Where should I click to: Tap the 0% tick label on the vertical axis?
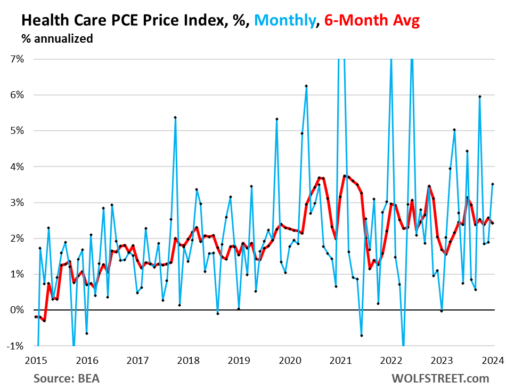[x=17, y=310]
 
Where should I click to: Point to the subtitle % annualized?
[x=57, y=38]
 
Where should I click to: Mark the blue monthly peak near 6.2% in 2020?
[x=306, y=86]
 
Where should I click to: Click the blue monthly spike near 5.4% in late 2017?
[x=175, y=117]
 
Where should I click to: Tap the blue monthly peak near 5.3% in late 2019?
[x=277, y=119]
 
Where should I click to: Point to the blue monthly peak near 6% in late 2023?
[x=480, y=97]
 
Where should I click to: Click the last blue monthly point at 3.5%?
[x=493, y=184]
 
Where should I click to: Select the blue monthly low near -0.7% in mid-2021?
[x=361, y=335]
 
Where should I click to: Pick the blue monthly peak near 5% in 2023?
[x=454, y=130]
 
